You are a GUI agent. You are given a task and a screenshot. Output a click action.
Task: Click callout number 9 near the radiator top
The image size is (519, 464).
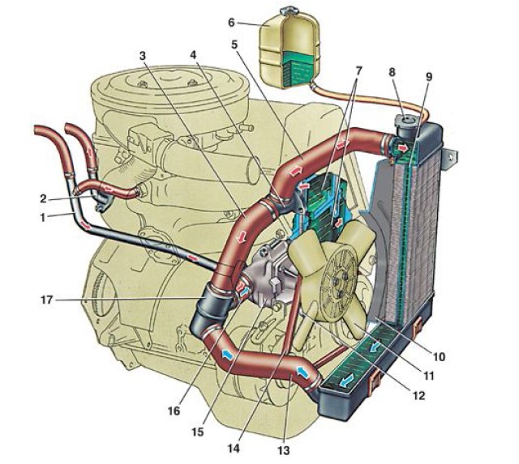click(x=427, y=77)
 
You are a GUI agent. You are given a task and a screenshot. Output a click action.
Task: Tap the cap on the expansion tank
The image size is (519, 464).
click(x=289, y=11)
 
